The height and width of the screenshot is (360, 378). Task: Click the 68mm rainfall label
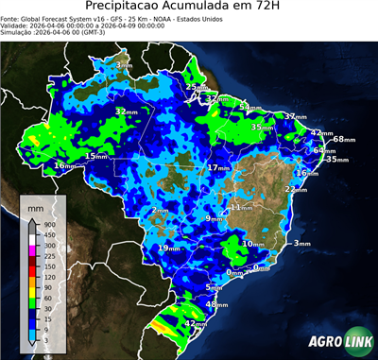343,140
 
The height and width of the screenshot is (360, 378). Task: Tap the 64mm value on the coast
324,150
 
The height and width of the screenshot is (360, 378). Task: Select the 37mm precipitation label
293,117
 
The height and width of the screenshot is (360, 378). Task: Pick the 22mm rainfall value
297,189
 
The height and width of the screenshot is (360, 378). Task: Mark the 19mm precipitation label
169,248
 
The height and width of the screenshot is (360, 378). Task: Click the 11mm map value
241,207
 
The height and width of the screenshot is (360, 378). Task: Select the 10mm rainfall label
252,244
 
